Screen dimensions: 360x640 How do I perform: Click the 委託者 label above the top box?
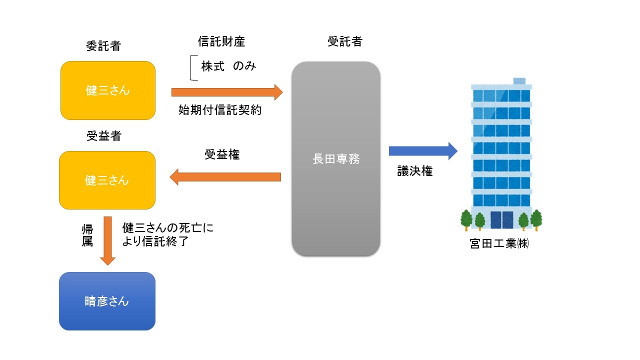point(103,46)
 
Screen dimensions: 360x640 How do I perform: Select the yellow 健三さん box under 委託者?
point(107,90)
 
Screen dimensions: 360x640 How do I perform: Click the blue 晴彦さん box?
point(107,301)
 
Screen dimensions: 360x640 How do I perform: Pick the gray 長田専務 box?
point(335,159)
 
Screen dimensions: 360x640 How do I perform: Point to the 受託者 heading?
point(345,42)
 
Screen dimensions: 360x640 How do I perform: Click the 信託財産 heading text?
point(221,42)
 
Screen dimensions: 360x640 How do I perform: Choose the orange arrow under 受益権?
point(225,176)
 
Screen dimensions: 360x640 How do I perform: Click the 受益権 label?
point(222,155)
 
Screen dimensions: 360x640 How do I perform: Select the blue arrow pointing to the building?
point(423,150)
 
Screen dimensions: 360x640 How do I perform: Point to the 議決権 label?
point(414,171)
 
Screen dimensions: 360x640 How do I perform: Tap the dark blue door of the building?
point(501,220)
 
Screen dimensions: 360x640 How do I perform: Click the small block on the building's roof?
point(519,81)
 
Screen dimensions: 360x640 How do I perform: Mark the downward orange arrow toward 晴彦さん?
point(107,240)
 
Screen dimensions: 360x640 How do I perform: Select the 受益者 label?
point(103,136)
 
